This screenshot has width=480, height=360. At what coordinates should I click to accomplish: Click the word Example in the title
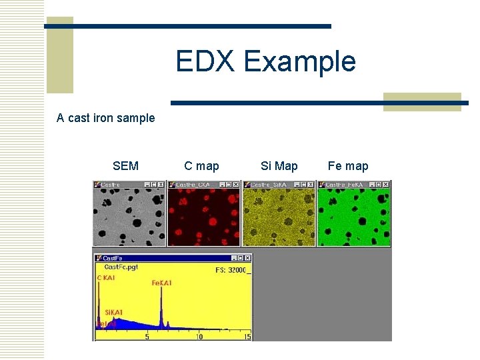click(299, 62)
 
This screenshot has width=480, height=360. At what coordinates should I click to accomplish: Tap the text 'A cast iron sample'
click(105, 118)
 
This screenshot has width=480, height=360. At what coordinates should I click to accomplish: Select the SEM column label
click(125, 166)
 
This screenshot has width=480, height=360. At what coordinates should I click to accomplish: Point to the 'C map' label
click(201, 166)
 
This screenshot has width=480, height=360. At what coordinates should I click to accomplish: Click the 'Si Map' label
click(279, 166)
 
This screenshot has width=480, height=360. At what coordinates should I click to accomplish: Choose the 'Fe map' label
click(347, 166)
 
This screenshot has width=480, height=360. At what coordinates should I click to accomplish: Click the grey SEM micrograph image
click(129, 217)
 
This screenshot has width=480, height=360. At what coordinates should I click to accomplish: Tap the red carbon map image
click(204, 217)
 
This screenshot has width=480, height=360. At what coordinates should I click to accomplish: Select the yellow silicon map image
click(279, 217)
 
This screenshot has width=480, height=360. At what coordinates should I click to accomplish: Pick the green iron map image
click(353, 217)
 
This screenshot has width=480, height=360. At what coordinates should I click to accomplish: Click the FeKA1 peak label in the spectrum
click(161, 283)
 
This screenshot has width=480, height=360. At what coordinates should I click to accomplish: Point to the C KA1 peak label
click(106, 277)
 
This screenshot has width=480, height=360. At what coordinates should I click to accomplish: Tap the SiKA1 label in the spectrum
click(113, 312)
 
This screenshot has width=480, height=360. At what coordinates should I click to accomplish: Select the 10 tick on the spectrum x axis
click(199, 337)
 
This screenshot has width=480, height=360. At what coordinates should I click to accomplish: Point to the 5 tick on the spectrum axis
click(147, 337)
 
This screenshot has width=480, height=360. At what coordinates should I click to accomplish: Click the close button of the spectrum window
click(248, 258)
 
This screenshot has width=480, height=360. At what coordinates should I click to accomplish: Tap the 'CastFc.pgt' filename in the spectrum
click(121, 267)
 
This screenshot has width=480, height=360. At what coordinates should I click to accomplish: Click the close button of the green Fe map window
click(387, 185)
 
